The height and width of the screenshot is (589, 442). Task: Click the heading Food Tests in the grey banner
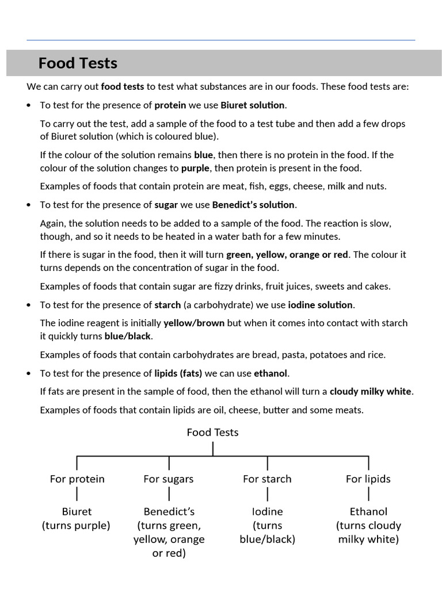[x=78, y=63]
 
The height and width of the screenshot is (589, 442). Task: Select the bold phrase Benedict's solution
[x=253, y=205]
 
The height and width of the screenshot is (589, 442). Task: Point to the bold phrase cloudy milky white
[x=371, y=392]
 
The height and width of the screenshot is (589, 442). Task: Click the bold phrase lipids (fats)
[x=178, y=373]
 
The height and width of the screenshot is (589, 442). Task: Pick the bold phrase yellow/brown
[x=194, y=323]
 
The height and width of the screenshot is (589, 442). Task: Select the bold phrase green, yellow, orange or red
[x=287, y=254]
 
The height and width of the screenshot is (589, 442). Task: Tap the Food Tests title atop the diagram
[x=212, y=433]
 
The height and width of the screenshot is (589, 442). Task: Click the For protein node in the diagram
[x=77, y=479]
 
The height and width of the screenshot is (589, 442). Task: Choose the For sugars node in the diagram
[x=169, y=479]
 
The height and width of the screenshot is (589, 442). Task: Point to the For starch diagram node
[x=267, y=479]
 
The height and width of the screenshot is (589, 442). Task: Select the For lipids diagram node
[x=368, y=479]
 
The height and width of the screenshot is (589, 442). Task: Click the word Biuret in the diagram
[x=77, y=511]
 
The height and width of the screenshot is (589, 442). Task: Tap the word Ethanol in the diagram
[x=368, y=511]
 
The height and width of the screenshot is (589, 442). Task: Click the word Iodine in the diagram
[x=268, y=511]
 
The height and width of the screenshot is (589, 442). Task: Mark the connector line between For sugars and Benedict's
[x=169, y=494]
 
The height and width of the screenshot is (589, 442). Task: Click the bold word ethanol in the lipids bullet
[x=270, y=373]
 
